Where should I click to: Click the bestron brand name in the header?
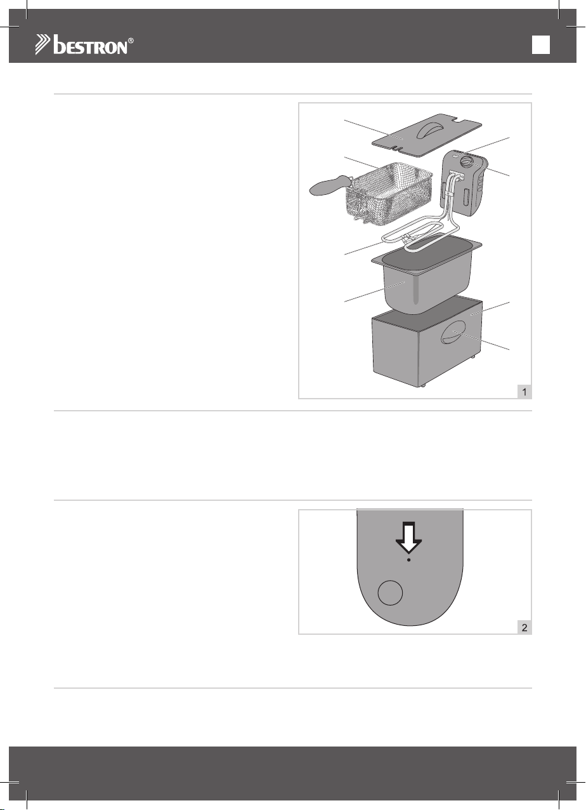[x=90, y=45]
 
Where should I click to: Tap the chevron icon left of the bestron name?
[x=43, y=45]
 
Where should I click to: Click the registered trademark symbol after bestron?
[x=131, y=41]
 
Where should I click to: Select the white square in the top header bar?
[x=540, y=45]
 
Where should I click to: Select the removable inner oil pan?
[x=426, y=275]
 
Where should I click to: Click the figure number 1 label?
[x=524, y=392]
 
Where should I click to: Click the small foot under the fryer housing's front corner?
[x=423, y=386]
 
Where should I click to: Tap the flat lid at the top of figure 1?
[x=427, y=135]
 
